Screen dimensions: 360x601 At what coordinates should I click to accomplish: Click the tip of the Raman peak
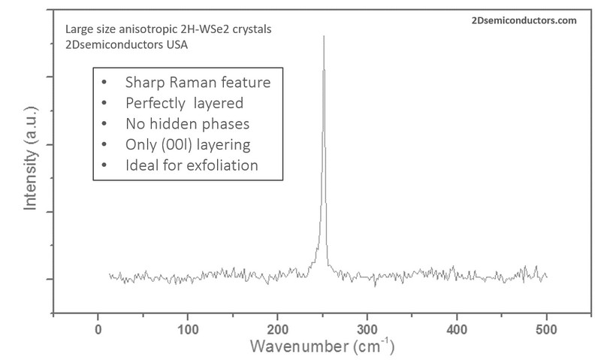324,35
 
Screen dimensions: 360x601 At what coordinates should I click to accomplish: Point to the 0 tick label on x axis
98,330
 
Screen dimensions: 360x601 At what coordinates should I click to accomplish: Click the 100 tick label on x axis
187,330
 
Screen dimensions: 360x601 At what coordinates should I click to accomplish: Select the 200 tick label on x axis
277,330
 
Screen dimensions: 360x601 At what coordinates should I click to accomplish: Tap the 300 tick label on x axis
367,330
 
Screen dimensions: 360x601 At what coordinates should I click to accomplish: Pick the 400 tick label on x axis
457,330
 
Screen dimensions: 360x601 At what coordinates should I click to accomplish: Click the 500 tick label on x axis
546,330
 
